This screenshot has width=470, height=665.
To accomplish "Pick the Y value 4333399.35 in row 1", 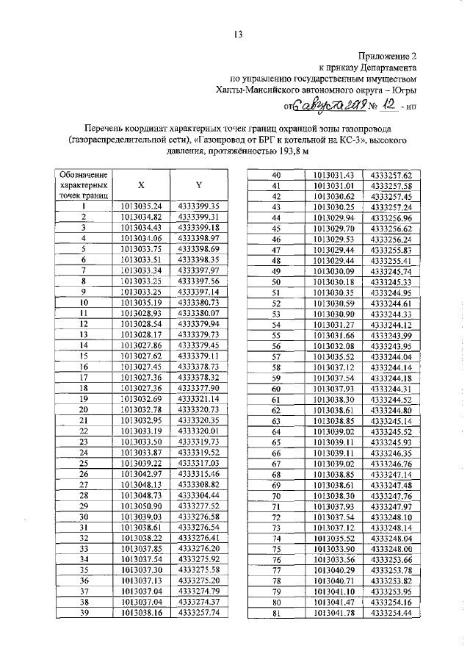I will click(x=198, y=206).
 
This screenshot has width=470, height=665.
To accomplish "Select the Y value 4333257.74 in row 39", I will click(x=198, y=613).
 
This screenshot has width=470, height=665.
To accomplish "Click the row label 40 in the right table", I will click(x=277, y=175).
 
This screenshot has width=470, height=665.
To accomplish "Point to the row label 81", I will click(x=277, y=613).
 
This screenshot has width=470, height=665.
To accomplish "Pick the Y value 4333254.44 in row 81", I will click(x=391, y=613).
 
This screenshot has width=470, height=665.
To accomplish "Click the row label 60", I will click(x=277, y=389).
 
